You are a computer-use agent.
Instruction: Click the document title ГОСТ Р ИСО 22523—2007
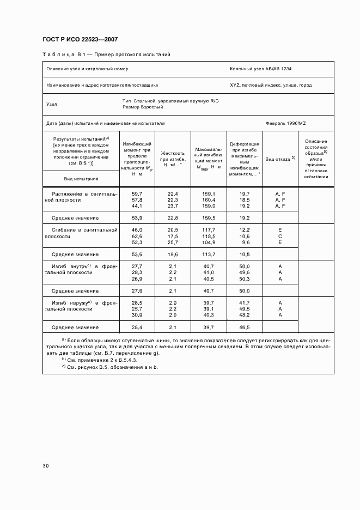coord(81,40)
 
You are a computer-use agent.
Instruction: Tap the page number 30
coord(46,466)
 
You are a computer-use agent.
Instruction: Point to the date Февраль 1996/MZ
coord(290,124)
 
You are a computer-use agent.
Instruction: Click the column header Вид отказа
coord(280,159)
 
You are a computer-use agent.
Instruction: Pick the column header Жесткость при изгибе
coord(173,159)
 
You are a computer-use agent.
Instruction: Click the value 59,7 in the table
coord(137,194)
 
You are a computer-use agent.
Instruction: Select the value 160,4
coord(209,200)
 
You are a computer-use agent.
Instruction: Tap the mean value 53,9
coord(137,218)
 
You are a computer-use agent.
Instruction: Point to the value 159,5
coord(209,218)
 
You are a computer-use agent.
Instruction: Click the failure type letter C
coord(280,236)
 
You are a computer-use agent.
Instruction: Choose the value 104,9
coord(209,242)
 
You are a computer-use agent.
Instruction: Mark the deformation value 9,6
coord(245,242)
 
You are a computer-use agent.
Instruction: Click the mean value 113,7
coord(209,254)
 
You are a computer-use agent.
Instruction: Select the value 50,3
coord(245,279)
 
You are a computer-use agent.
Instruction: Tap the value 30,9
coord(137,315)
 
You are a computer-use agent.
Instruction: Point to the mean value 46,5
coord(245,327)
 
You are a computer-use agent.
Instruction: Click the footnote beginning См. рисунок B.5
coord(109,367)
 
